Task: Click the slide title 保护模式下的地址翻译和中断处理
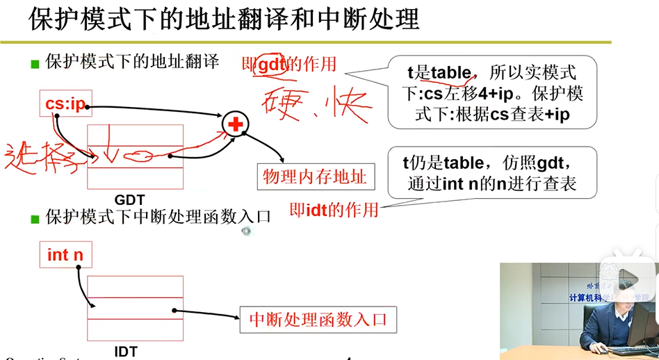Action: tap(224, 19)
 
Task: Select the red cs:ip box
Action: tap(65, 104)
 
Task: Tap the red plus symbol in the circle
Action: tap(236, 124)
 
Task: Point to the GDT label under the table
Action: tap(129, 200)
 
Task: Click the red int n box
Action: tap(65, 255)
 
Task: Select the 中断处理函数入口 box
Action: tap(318, 320)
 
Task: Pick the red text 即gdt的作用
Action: tap(288, 65)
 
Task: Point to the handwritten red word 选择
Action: tap(42, 157)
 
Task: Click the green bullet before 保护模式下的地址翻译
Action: tap(35, 65)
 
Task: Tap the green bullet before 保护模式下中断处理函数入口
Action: tap(35, 219)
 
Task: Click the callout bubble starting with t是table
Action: tap(491, 92)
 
